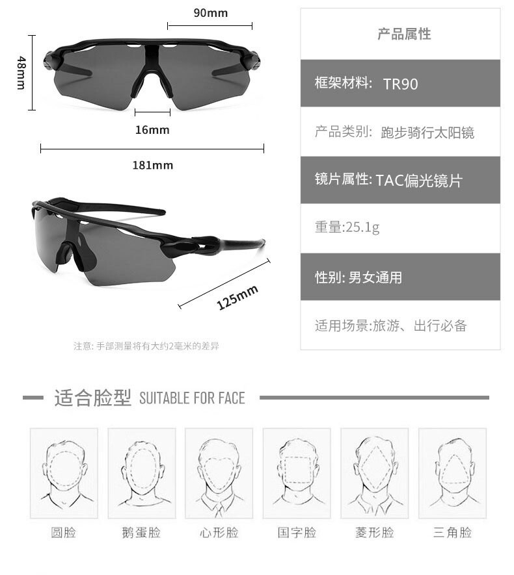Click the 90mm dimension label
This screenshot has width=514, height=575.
click(210, 12)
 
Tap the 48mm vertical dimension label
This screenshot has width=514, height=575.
click(21, 72)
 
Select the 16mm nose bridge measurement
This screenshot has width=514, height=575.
click(152, 130)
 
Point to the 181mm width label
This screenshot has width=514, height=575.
click(153, 165)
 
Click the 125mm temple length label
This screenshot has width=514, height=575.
click(237, 297)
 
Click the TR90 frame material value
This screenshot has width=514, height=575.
click(400, 84)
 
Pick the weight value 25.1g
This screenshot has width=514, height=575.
click(363, 227)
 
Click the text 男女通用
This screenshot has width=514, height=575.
click(375, 278)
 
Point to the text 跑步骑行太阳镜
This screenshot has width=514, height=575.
click(427, 133)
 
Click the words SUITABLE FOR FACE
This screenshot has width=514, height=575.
click(192, 398)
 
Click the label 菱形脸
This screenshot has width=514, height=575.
click(375, 533)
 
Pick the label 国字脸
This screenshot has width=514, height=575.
click(297, 533)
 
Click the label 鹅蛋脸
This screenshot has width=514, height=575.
click(141, 533)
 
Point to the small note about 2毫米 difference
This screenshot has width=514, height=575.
click(146, 346)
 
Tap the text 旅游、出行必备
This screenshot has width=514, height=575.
click(419, 326)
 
